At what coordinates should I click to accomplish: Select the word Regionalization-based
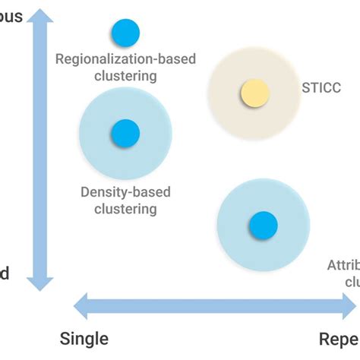[115, 59]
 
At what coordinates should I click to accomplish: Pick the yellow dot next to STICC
[254, 93]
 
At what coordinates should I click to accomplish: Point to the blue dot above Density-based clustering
[125, 134]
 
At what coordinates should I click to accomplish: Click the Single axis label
[84, 338]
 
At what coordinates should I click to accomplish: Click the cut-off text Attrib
[343, 265]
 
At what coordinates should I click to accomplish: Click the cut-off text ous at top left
[11, 17]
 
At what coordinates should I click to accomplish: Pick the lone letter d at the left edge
[5, 273]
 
